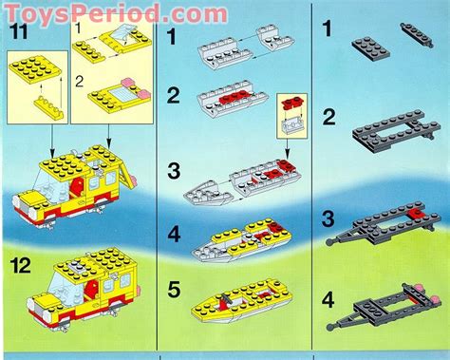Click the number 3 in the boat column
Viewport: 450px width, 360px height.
point(174,171)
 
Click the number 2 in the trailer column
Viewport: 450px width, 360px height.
point(328,118)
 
